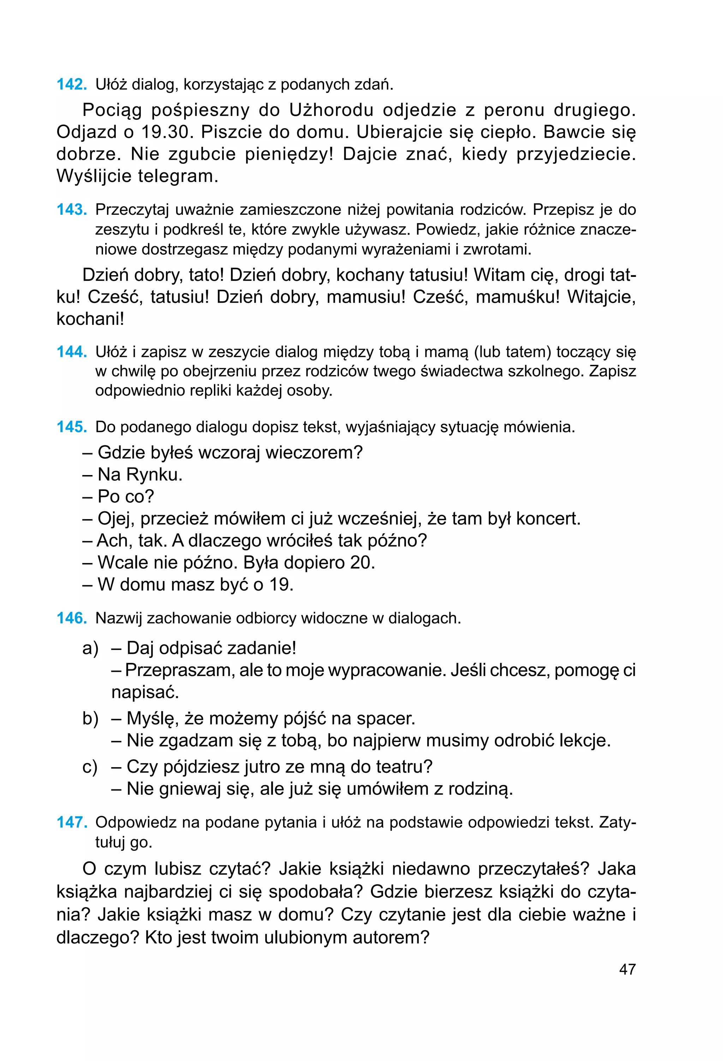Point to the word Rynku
click(153, 475)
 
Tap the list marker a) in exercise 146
click(90, 648)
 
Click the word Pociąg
click(112, 110)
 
